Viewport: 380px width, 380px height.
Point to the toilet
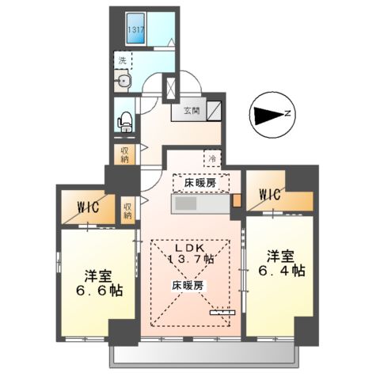tap(124, 121)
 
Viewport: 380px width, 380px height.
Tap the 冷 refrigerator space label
tap(212, 158)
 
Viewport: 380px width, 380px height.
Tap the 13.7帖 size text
tap(189, 258)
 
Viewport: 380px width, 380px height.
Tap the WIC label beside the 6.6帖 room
tap(87, 207)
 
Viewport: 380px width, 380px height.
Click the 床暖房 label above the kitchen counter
tap(200, 182)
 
